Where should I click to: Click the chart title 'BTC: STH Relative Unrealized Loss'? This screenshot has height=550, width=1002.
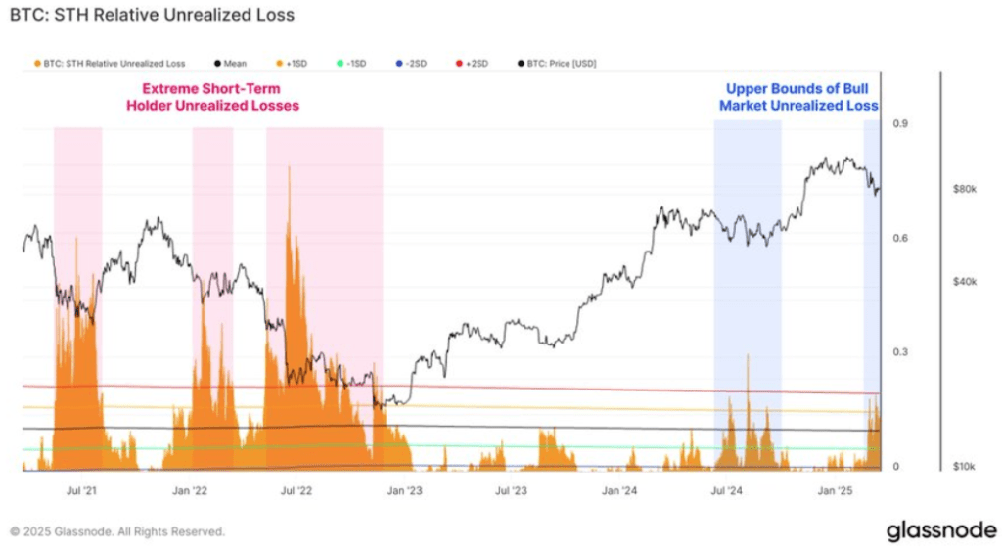pos(152,16)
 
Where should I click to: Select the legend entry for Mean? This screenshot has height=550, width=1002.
pos(231,64)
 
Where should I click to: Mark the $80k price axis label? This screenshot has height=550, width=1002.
pos(964,189)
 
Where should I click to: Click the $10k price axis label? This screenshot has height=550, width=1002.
pos(964,467)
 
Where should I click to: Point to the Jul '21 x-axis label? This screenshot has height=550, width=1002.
pos(81,490)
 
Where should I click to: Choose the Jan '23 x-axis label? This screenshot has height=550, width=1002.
pos(403,490)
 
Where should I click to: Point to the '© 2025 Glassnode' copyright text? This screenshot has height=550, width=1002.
pos(117,531)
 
